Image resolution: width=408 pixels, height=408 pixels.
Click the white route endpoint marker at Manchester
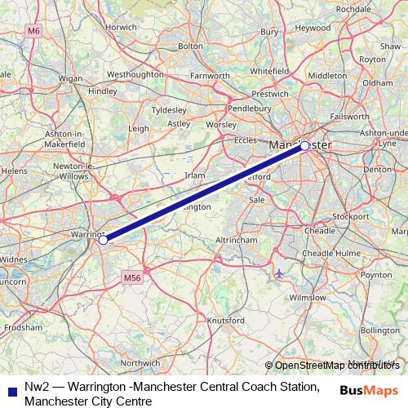point(304,146)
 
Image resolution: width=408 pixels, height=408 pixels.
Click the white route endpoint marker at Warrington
point(103,240)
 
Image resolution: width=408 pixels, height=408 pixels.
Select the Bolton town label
point(190,47)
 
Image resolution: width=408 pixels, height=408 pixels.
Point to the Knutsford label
point(226,321)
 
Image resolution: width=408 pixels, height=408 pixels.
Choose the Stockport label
point(352,216)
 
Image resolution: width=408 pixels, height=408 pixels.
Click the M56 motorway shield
point(134,278)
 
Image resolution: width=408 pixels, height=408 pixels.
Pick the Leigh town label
point(139,128)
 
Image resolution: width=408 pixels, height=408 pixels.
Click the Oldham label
point(378,82)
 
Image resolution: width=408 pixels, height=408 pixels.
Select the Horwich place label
point(121,27)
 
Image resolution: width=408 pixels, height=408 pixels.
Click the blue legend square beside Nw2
point(10,389)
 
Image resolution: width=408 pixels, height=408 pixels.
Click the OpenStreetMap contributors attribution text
point(336,365)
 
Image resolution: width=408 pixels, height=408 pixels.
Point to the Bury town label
point(270,32)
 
